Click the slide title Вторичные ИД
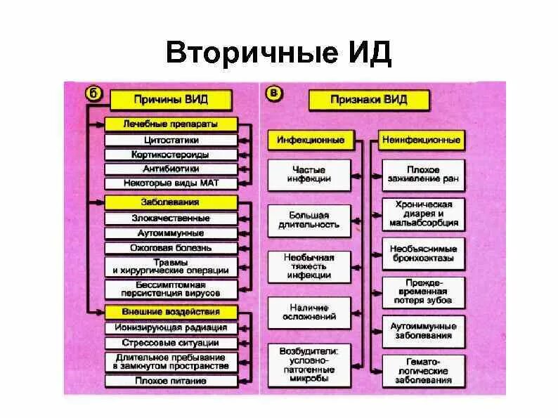coord(278,54)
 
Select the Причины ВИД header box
coord(170,100)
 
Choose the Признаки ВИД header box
coord(368,100)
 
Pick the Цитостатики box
coord(170,140)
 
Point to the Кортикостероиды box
coord(170,155)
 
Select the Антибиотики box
coord(170,169)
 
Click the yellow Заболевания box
coord(170,202)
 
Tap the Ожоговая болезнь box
coord(170,248)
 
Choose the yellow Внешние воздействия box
coord(170,312)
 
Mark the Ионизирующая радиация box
coord(170,328)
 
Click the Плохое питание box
coord(170,381)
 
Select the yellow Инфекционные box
coord(310,141)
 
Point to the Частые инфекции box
coord(309,175)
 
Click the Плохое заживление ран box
coord(422,175)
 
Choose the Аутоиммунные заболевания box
coord(422,330)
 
